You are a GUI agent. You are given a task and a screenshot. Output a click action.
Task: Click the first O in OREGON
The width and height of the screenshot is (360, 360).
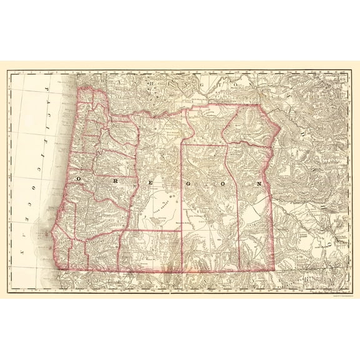point(79,178)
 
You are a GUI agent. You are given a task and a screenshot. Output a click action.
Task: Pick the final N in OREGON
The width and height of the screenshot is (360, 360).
point(258,184)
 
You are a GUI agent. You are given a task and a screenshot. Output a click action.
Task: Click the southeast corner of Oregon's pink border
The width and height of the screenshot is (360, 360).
point(275,270)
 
